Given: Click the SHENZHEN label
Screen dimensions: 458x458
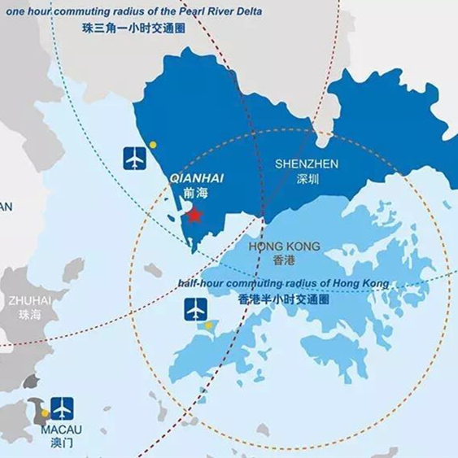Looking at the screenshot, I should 306,164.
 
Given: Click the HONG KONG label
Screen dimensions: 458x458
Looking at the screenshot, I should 286,246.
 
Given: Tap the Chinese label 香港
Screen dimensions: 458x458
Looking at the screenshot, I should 286,260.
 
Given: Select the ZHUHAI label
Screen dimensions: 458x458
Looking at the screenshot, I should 29,300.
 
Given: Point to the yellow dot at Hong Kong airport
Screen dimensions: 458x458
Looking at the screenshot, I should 208,326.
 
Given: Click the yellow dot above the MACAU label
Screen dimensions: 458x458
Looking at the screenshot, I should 46,413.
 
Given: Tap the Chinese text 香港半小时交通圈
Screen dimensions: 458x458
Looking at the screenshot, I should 283,299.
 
